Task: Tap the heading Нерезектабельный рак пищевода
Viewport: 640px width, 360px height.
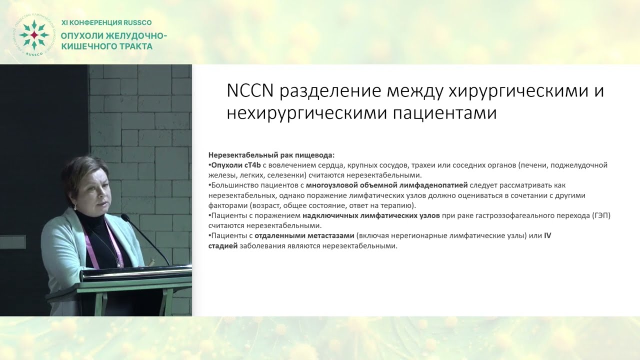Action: pyautogui.click(x=271, y=155)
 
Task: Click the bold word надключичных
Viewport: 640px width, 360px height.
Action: pyautogui.click(x=328, y=215)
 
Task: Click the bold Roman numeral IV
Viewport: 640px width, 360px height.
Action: pyautogui.click(x=547, y=235)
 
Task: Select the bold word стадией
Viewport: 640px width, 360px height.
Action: pyautogui.click(x=223, y=246)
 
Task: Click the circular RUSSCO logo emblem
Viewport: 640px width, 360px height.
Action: pyautogui.click(x=33, y=35)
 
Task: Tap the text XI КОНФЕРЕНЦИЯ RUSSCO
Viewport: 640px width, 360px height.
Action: pyautogui.click(x=106, y=23)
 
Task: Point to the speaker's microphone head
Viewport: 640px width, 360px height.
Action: pyautogui.click(x=125, y=218)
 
